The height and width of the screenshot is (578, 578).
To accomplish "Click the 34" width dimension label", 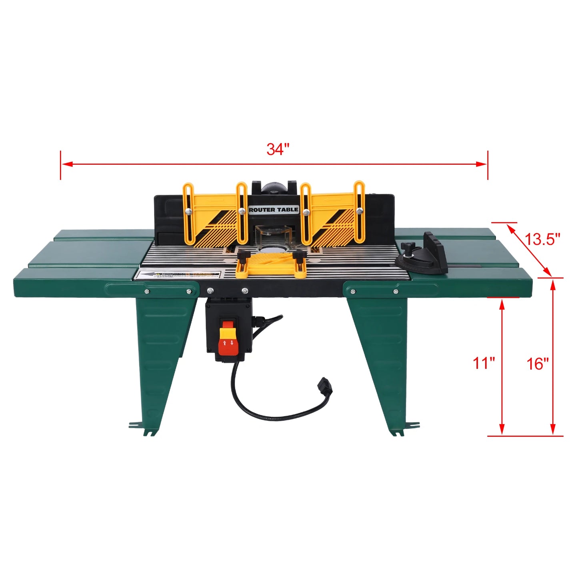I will [x=278, y=149].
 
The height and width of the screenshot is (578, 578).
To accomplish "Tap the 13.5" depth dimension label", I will [x=542, y=239].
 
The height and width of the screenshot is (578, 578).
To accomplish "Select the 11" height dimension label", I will [x=484, y=363].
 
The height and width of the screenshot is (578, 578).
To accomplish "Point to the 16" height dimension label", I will [x=537, y=364].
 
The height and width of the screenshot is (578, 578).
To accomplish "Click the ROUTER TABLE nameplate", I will [x=274, y=210].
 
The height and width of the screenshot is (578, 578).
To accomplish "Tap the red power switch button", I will [x=228, y=344].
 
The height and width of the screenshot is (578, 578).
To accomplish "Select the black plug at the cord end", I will [x=324, y=386].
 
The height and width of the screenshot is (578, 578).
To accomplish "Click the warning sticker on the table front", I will [x=178, y=275].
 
